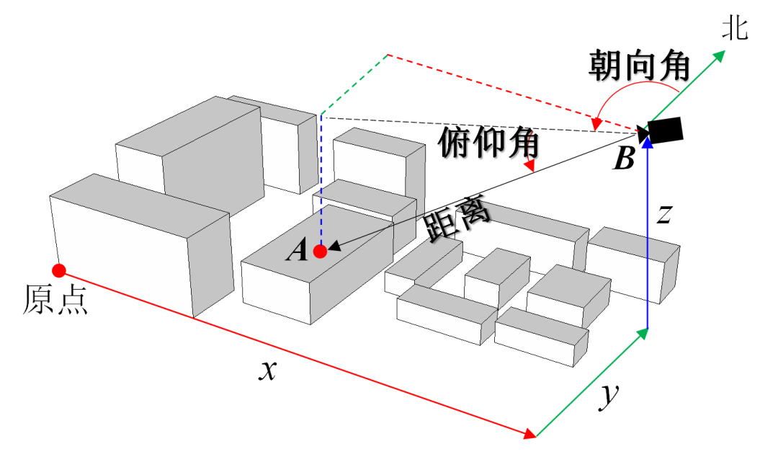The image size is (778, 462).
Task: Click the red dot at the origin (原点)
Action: [59, 270]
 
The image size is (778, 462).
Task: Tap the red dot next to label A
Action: [321, 252]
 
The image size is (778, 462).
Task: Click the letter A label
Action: [297, 251]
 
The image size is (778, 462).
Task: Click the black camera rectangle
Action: [664, 129]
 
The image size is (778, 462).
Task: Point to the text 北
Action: [736, 30]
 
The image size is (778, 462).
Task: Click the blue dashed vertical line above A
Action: [321, 180]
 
